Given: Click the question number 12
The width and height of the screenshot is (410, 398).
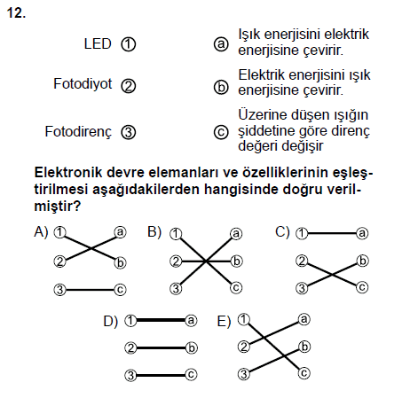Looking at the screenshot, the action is pos(16,13).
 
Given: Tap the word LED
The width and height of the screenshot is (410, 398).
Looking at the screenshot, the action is pos(98,43).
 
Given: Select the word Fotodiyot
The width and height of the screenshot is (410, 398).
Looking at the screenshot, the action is pos(83,84).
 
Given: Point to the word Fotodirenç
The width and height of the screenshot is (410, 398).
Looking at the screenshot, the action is pos(78,132).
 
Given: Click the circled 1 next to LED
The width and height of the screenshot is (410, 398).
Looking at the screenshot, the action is pos(129,44).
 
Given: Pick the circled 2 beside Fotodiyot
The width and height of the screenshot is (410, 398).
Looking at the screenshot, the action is pos(129,86).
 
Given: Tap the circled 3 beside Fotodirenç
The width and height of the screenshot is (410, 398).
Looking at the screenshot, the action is pos(129,132).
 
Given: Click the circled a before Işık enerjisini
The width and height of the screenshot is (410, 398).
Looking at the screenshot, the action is pos(221,44).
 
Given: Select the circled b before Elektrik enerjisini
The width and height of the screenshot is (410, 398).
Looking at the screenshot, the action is pos(221,88).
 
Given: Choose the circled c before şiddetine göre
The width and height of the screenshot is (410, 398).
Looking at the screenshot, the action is pos(221,132).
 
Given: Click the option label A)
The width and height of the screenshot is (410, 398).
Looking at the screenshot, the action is pos(41,232).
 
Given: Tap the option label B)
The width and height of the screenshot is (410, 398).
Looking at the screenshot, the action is pos(154,232).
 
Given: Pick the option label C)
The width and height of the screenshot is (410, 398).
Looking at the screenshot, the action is pos(282,232).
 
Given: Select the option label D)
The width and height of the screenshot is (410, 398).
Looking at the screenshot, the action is pos(110,321).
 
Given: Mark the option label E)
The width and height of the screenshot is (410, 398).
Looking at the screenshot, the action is pos(224,321).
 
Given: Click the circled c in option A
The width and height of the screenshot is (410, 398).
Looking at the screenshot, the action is pos(120,290).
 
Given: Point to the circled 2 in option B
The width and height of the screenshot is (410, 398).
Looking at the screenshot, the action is pos(176,261).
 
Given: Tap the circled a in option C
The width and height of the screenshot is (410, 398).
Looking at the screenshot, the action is pos(362,233).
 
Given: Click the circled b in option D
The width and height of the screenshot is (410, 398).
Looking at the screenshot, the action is pos(192,347).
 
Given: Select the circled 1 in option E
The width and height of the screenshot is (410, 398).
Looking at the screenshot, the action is pos(244,319).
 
